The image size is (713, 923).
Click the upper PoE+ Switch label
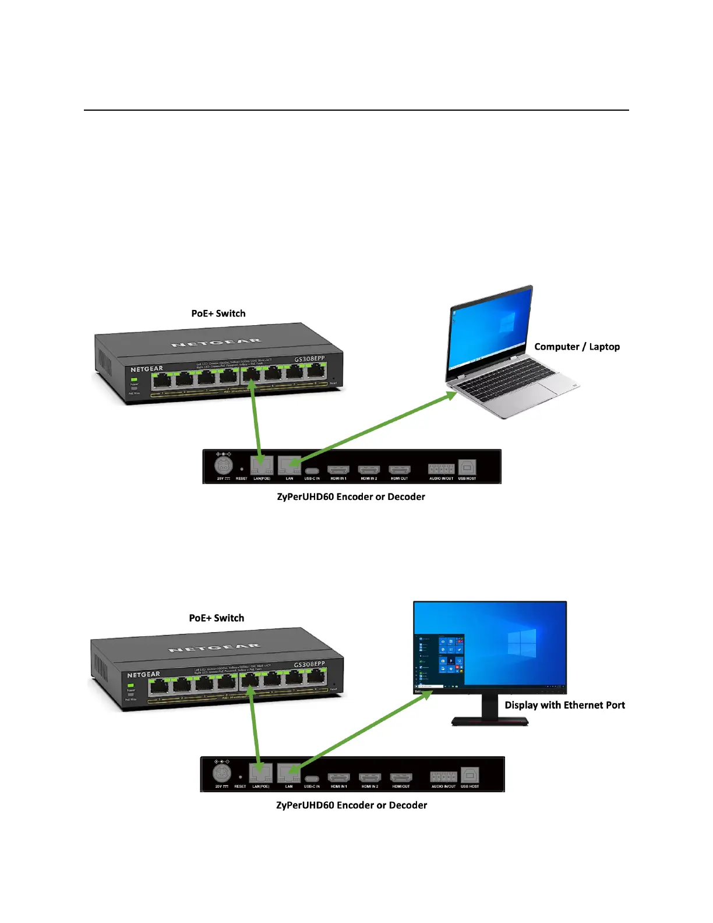[218, 313]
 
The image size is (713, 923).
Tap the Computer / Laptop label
[577, 347]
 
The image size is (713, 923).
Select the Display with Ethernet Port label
[564, 705]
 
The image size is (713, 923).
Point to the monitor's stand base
[490, 721]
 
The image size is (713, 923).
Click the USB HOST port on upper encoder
[467, 467]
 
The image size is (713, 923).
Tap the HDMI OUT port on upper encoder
[400, 470]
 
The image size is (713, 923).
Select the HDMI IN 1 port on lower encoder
[338, 777]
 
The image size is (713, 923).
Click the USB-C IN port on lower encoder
[312, 778]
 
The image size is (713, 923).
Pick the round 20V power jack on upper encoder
[224, 466]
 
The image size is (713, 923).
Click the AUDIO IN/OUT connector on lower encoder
[443, 777]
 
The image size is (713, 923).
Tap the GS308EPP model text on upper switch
[309, 359]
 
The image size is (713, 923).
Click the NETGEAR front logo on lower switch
[143, 675]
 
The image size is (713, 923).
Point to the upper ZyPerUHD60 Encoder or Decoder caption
[351, 497]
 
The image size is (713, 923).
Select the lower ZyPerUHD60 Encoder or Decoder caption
[351, 805]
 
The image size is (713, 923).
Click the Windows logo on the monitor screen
[521, 643]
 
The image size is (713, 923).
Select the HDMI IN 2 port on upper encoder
[369, 470]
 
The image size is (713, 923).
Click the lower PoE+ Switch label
[217, 618]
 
